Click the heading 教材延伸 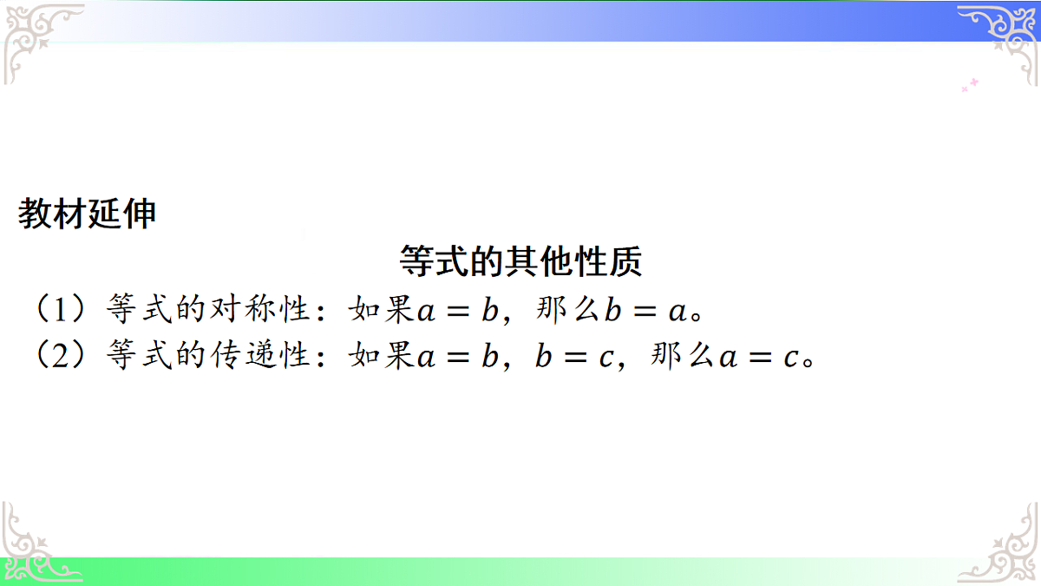tap(87, 214)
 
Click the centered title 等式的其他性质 tap(520, 260)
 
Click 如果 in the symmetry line tap(381, 308)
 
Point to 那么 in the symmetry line tap(569, 308)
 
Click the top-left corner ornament tap(39, 39)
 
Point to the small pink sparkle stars tap(970, 85)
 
